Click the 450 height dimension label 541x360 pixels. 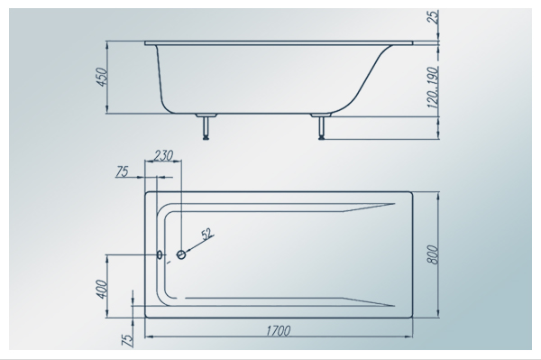[103, 78]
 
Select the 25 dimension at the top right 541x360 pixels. [433, 16]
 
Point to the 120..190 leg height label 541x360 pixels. [432, 88]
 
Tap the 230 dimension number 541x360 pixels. [163, 156]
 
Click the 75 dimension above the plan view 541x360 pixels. [122, 171]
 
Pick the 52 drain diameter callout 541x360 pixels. [206, 234]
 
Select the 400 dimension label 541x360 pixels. [103, 290]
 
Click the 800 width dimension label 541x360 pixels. [432, 254]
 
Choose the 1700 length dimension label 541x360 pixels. [278, 330]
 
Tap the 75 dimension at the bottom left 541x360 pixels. [127, 340]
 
